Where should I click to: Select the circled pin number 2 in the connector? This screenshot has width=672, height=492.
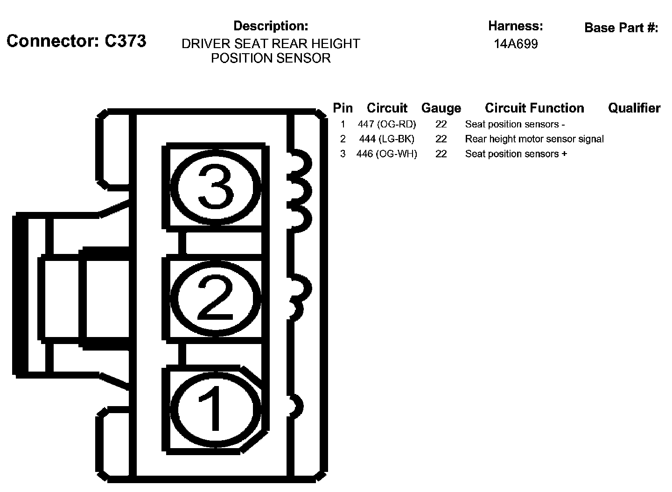215,299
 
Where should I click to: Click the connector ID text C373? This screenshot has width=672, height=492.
125,41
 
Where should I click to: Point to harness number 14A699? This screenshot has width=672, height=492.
516,44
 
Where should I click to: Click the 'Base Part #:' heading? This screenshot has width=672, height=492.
621,28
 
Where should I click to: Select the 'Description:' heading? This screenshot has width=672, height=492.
271,26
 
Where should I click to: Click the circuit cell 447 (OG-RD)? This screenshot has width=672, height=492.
387,124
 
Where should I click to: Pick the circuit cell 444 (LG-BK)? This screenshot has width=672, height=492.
387,139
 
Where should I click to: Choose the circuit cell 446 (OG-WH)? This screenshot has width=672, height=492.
387,154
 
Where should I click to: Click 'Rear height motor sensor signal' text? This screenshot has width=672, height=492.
534,139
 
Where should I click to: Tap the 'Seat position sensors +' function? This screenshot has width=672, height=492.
516,154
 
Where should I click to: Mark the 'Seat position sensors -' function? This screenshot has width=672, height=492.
515,124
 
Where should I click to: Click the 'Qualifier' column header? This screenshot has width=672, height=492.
634,108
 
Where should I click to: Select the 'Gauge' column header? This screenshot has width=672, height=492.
441,108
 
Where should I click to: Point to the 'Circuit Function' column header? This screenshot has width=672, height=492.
534,108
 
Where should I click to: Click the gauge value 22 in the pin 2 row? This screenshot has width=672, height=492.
441,139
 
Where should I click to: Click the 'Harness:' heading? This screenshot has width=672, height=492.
516,26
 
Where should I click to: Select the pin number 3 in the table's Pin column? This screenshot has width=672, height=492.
343,154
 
